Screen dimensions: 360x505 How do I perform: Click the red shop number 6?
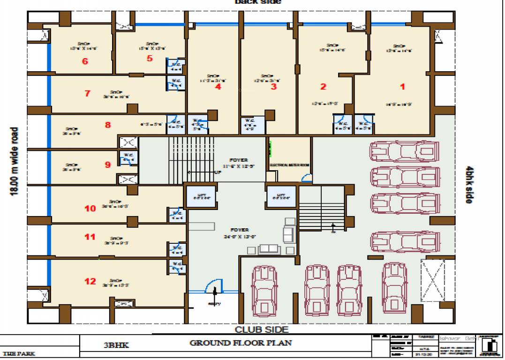pos(85,61)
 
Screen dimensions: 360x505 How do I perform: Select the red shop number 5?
pos(150,59)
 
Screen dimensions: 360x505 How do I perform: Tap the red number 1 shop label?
pos(402,86)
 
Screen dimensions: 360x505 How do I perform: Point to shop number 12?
pos(90,281)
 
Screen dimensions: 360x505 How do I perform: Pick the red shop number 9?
pos(107,165)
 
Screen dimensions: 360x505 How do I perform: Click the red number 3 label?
pos(273,86)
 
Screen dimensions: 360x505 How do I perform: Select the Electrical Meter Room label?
pos(289,165)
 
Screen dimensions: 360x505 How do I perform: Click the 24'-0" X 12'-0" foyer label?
pos(239,233)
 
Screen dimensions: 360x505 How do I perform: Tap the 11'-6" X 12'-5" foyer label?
pos(238,163)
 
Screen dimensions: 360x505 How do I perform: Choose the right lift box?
pos(281,196)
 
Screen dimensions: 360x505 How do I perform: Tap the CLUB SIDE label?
pos(261,330)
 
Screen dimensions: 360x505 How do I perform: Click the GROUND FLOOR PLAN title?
pos(240,343)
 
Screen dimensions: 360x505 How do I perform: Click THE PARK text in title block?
pos(19,354)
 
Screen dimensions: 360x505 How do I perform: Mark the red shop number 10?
pos(90,208)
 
